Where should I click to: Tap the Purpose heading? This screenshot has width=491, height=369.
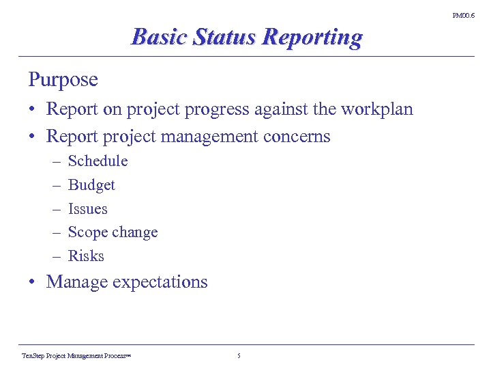[63, 80]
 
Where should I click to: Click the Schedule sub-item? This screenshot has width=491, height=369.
[98, 161]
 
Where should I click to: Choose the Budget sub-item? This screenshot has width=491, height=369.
[91, 185]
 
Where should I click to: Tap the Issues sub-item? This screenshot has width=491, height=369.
[88, 209]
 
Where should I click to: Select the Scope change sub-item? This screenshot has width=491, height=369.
[113, 232]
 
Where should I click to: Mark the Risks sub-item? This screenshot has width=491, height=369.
[86, 256]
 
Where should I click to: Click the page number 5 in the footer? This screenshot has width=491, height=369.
[239, 356]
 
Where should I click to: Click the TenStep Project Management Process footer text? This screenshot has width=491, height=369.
[76, 356]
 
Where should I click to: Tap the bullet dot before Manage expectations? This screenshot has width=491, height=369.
[33, 282]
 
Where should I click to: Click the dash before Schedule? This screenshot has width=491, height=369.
[55, 161]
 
